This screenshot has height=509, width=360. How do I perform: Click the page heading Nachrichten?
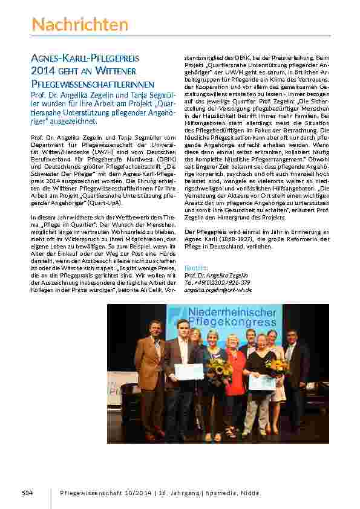(80, 25)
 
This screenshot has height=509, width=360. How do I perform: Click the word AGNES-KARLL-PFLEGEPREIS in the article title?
(85, 59)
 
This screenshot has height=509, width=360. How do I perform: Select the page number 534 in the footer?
(27, 493)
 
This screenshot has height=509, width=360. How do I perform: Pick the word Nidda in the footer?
(250, 493)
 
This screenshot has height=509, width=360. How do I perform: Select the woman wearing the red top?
(234, 375)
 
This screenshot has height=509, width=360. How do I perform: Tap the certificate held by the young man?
(189, 371)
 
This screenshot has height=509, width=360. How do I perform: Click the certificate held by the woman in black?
(263, 382)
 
